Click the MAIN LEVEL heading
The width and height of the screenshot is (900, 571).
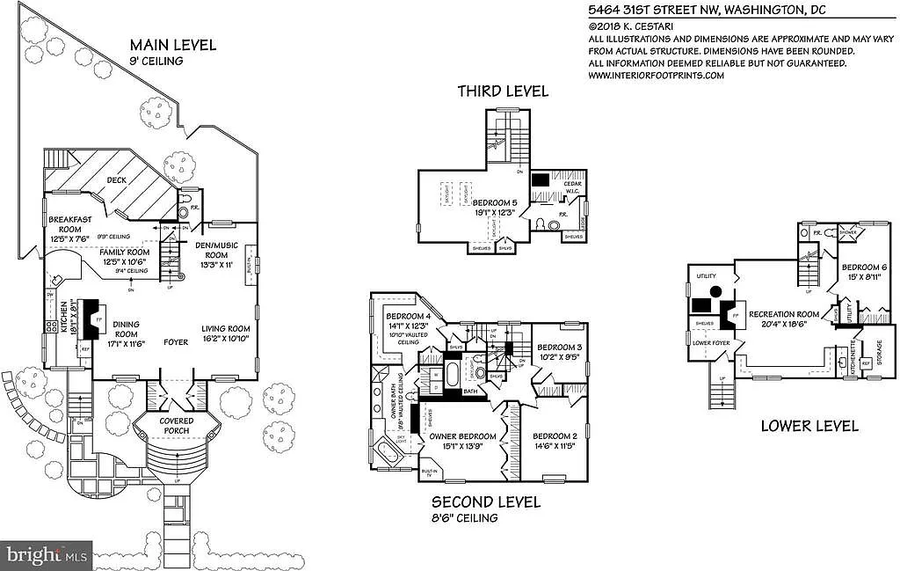[x=172, y=45]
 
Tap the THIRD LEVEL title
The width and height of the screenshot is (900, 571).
[x=502, y=91]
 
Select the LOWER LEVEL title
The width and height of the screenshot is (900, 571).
[x=809, y=426]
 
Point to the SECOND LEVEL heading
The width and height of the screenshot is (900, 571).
[x=485, y=502]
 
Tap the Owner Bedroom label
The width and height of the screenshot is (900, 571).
[x=462, y=436]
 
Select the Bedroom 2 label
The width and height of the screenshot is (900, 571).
[x=555, y=436]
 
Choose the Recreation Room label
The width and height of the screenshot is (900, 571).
[x=784, y=314]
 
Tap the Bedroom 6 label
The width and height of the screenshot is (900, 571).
[x=864, y=267]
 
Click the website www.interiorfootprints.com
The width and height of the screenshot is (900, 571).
[x=656, y=76]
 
